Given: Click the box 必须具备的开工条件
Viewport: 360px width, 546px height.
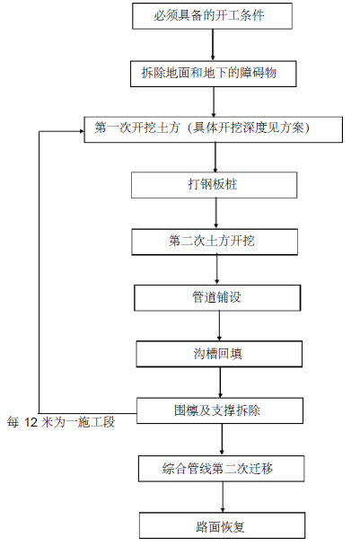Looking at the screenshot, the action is click(x=212, y=16).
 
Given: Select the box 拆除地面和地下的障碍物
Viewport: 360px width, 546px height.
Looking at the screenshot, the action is click(x=214, y=74).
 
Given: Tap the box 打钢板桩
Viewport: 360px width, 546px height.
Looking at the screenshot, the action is click(x=215, y=185).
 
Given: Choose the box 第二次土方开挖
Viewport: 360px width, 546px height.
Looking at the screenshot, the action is click(x=215, y=242).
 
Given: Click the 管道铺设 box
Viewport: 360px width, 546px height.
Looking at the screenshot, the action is click(x=217, y=298).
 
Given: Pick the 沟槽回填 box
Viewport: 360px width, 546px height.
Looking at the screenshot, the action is click(x=219, y=354).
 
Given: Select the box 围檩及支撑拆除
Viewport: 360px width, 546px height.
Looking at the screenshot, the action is click(x=220, y=411).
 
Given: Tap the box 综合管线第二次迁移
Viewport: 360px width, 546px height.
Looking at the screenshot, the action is click(x=222, y=469).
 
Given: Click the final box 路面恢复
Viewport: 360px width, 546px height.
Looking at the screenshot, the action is click(x=223, y=525).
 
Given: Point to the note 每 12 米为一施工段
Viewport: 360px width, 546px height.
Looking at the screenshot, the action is click(x=61, y=422).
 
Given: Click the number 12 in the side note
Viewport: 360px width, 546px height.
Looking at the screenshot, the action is click(x=31, y=422).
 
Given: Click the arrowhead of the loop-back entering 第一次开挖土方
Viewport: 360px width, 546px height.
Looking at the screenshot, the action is click(x=83, y=131).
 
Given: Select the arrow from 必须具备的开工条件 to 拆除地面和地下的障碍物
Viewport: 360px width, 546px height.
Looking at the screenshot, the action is click(x=213, y=45).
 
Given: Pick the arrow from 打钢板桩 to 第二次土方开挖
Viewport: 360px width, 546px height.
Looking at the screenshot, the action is click(x=215, y=214).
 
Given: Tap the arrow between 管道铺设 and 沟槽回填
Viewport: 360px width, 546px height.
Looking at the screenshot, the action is click(x=219, y=326).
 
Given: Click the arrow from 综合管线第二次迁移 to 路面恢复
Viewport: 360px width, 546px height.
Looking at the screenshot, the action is click(x=223, y=498).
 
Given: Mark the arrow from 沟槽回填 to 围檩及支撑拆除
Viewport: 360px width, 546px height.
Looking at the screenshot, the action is click(x=220, y=383).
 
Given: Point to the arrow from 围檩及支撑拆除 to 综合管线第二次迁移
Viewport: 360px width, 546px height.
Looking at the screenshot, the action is click(x=222, y=440).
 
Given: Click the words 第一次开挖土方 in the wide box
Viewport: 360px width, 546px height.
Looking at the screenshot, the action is click(x=137, y=128).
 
